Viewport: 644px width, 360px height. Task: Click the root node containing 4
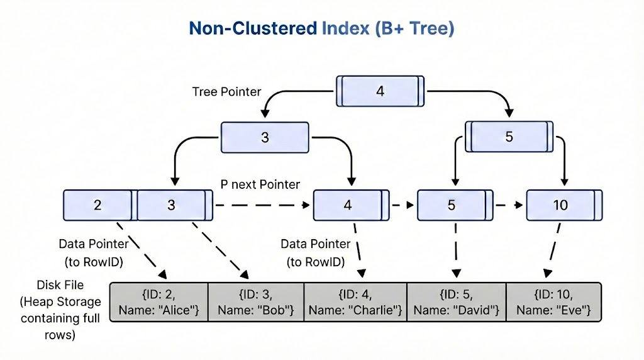coord(380,91)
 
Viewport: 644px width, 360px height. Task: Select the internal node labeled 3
coord(265,137)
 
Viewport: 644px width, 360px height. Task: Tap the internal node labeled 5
coord(509,137)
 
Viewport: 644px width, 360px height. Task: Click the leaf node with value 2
coord(98,205)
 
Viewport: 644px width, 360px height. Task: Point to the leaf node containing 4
coord(348,205)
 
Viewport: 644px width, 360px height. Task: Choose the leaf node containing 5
coord(452,205)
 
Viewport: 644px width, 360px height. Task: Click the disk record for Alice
coord(158,301)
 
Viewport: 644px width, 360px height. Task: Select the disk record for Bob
coord(255,301)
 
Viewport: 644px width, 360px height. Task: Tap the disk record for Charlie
coord(355,301)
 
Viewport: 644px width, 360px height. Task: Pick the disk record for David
coord(457,301)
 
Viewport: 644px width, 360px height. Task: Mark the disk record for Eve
coord(553,301)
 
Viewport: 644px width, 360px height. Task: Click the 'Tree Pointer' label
coord(226,92)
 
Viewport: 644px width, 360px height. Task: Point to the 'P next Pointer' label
coord(260,184)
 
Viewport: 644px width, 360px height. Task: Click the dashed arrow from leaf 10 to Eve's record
coord(551,254)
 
